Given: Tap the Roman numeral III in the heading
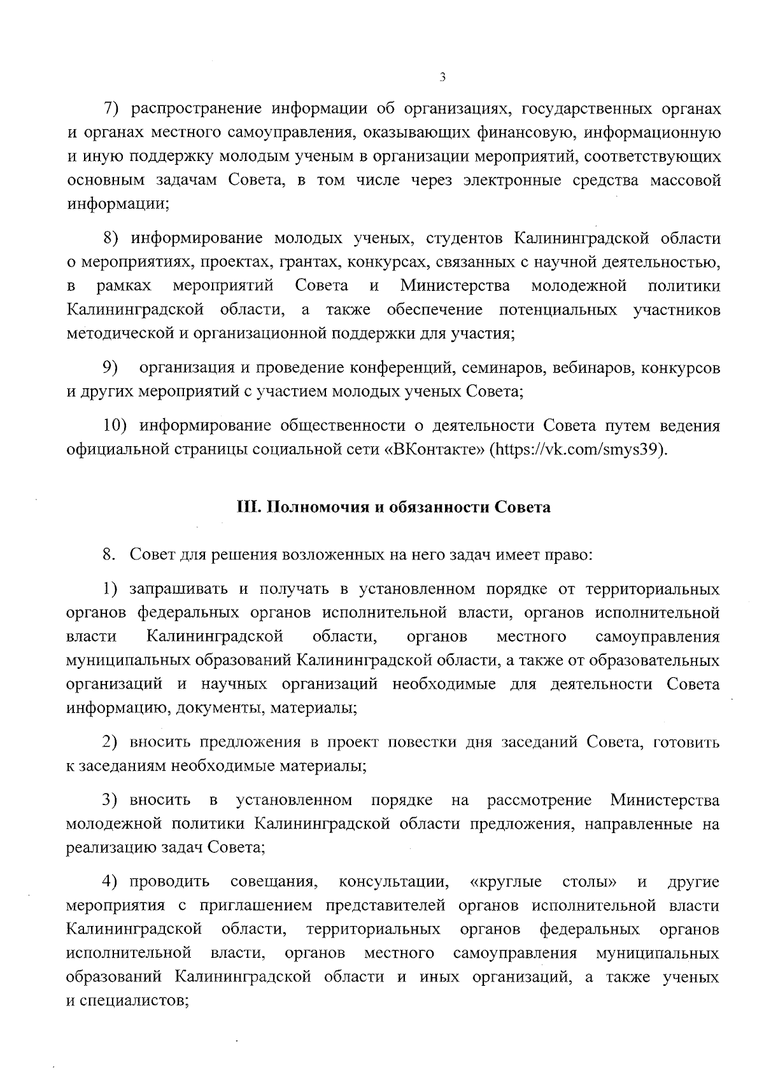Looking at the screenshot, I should [245, 508].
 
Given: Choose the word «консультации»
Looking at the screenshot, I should [393, 882].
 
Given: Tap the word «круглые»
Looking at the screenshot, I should [506, 882].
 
